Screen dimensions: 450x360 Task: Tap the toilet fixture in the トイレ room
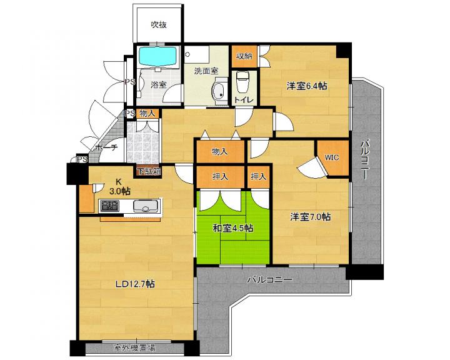[x=242, y=82]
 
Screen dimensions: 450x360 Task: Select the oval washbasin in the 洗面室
[x=219, y=91]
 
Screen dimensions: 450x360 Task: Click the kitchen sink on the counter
[x=146, y=206]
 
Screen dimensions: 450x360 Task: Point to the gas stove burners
[x=110, y=206]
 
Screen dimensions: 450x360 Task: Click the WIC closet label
[x=332, y=157]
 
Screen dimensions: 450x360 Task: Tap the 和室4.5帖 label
[x=232, y=228]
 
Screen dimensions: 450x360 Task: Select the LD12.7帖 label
[x=135, y=284]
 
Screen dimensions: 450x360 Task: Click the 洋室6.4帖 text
[x=307, y=86]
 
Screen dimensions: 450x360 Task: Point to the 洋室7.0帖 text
[x=310, y=217]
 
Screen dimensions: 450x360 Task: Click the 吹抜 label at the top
[x=159, y=25]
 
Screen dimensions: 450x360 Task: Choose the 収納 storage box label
[x=244, y=56]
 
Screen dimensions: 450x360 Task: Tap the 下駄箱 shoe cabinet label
[x=149, y=171]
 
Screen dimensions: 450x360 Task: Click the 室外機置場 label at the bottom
[x=135, y=348]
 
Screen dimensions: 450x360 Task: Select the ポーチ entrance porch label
[x=106, y=148]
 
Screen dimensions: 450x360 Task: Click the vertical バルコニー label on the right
[x=365, y=159]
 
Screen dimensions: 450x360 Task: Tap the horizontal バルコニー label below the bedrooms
[x=270, y=279]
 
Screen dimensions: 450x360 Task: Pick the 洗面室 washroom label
[x=206, y=71]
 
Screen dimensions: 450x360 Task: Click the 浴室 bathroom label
[x=159, y=85]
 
